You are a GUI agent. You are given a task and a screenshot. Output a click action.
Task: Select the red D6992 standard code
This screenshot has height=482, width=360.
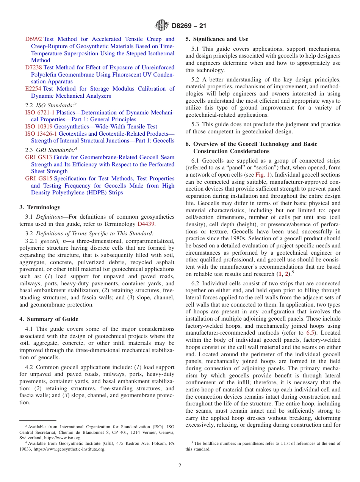(34, 39)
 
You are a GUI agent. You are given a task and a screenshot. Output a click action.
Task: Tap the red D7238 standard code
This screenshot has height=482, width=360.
(34, 67)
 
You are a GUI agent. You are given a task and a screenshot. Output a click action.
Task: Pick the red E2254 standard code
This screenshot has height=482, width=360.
(33, 89)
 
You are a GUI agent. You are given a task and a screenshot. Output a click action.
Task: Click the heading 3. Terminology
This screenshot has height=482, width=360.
(40, 207)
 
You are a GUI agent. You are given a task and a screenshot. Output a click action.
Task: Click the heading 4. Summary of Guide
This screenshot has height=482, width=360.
(49, 319)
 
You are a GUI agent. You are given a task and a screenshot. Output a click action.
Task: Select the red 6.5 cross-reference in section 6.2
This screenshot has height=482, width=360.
(310, 333)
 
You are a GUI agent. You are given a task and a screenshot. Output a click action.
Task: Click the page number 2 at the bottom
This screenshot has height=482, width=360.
(180, 466)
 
